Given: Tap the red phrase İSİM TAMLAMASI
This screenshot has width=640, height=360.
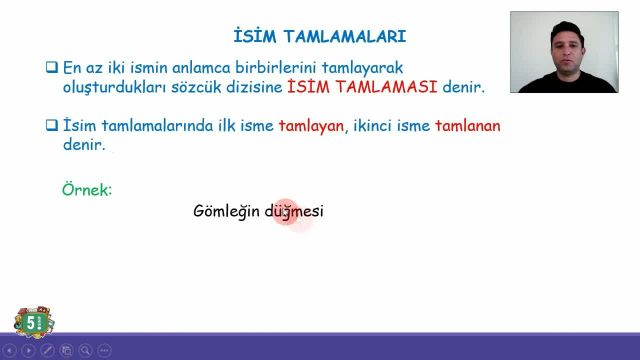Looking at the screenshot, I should pyautogui.click(x=362, y=88).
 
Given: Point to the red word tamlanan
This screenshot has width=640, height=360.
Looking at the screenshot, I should pyautogui.click(x=468, y=126).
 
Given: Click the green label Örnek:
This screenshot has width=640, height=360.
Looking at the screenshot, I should pyautogui.click(x=88, y=188).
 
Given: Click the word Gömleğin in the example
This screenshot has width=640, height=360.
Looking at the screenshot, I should pyautogui.click(x=226, y=212).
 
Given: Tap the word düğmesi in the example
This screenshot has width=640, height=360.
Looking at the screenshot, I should pyautogui.click(x=294, y=212).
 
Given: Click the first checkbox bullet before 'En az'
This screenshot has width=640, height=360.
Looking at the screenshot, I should pyautogui.click(x=52, y=68).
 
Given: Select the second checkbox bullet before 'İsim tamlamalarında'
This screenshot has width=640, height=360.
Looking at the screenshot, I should pyautogui.click(x=52, y=126).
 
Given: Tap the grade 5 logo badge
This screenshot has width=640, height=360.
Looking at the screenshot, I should pyautogui.click(x=34, y=322).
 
